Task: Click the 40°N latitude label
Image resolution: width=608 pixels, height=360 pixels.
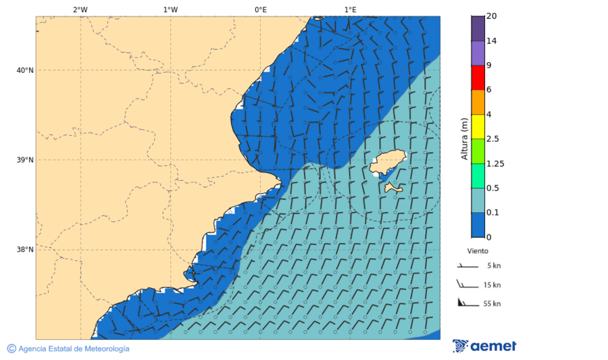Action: pos(25,70)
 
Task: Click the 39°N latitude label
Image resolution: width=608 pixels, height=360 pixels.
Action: pos(25,160)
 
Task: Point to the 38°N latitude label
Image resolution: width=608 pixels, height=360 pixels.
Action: pos(25,249)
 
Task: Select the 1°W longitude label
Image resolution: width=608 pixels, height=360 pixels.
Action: pos(170,9)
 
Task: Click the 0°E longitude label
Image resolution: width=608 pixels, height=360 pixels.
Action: pos(260,9)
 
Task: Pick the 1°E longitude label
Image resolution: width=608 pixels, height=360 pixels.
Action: pos(350,9)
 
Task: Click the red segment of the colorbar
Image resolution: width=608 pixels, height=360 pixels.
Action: pos(478,78)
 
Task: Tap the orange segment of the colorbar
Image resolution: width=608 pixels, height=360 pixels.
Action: pos(478,102)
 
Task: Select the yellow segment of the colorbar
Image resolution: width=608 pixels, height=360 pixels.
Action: pos(478,126)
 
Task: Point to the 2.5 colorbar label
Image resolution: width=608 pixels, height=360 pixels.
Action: pos(492,139)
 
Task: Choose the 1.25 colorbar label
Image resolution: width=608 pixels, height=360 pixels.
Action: pos(495,163)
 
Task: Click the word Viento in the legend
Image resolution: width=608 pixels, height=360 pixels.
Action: pos(478,251)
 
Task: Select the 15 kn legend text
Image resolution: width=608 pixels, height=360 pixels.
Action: pos(492,285)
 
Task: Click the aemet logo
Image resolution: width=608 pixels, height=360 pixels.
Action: pos(484,346)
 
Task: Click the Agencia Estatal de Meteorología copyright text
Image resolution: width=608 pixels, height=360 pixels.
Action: pos(68,349)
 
